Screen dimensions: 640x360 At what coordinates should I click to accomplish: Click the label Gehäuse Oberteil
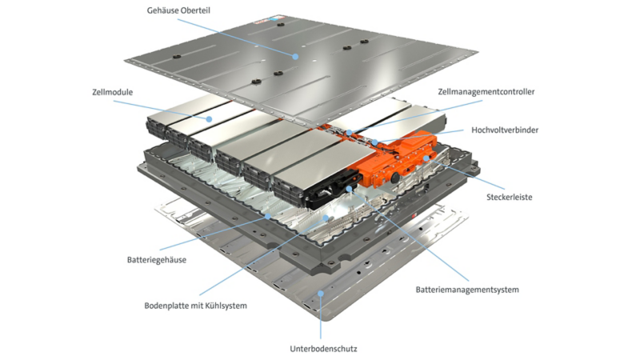pos(178,10)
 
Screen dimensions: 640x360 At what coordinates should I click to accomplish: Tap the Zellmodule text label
pos(112,92)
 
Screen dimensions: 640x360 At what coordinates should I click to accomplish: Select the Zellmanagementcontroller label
pos(486,92)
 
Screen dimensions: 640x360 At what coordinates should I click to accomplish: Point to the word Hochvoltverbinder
pos(505,130)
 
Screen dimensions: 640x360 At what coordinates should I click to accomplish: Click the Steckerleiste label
pos(509,197)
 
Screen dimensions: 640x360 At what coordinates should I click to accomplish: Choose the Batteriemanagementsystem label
pos(467,290)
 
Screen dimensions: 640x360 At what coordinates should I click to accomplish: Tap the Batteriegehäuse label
pos(156,260)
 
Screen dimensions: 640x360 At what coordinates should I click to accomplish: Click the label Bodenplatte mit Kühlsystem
pos(195,306)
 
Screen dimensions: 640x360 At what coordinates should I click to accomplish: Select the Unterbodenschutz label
pos(323,349)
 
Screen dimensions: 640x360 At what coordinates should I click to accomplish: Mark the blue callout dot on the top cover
pos(295,57)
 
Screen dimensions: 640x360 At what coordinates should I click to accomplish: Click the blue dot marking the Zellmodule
pos(209,119)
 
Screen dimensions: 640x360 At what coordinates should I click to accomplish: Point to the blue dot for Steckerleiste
pos(426,158)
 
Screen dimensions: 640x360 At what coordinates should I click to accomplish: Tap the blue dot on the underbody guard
pos(321,294)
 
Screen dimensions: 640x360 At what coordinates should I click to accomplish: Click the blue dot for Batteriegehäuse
pos(268,216)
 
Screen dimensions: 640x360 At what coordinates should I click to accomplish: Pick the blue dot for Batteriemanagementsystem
pos(349,189)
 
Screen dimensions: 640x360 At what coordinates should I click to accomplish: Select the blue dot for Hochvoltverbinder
pos(374,142)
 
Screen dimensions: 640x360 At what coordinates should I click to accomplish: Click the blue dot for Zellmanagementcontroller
pos(350,133)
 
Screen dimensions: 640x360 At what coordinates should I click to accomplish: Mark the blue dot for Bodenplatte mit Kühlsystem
pos(326,218)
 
